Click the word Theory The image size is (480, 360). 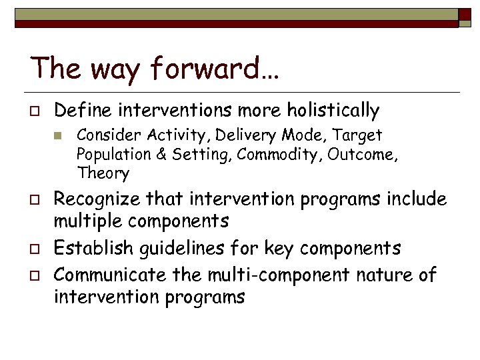point(103,173)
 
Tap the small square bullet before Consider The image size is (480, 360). point(59,136)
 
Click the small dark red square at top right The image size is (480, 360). point(464,15)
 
